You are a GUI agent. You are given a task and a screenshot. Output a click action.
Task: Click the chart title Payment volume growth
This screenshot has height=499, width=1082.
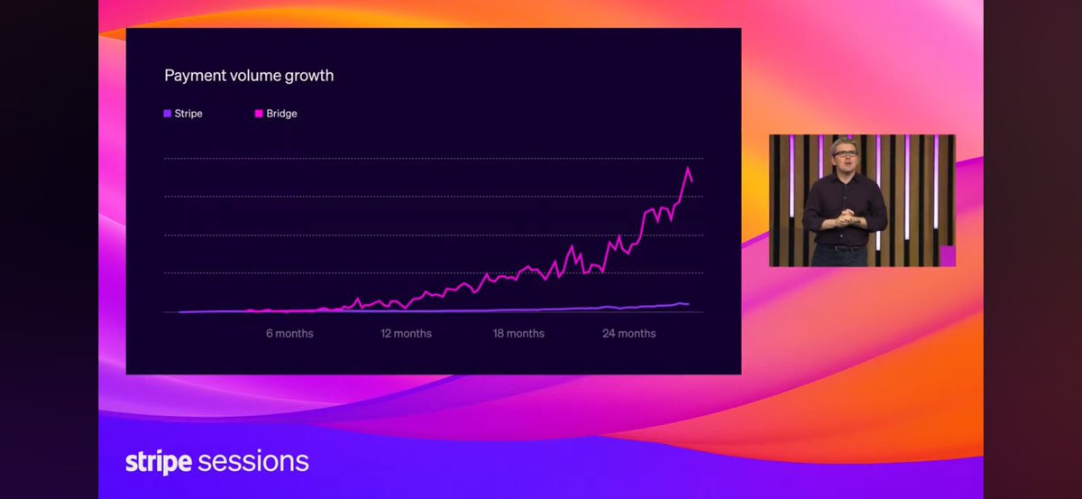(x=249, y=76)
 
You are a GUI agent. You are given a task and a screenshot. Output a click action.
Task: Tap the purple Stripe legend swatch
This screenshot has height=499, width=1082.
(x=167, y=114)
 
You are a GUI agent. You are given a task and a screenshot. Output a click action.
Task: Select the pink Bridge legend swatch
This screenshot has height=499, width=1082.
(x=259, y=114)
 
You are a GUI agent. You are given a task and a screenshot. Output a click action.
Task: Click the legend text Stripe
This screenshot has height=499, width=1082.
(x=188, y=114)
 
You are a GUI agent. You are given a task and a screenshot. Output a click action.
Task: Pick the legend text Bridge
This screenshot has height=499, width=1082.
(x=281, y=114)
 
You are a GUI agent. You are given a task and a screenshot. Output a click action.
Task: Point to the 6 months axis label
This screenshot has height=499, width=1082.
(x=289, y=333)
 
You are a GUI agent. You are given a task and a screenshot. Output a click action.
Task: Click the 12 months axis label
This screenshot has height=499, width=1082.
(x=407, y=333)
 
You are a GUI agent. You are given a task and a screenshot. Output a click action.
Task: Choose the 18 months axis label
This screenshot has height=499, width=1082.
(x=518, y=333)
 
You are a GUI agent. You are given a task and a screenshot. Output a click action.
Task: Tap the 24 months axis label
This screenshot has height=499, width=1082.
(x=629, y=333)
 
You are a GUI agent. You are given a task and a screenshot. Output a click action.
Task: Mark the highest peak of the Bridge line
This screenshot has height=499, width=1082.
(x=688, y=168)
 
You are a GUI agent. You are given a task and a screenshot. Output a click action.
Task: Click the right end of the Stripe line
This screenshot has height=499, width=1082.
(x=689, y=304)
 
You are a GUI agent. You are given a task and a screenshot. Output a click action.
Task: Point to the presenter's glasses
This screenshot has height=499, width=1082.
(x=845, y=153)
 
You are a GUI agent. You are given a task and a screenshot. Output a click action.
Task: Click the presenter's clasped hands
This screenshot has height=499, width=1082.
(x=846, y=217)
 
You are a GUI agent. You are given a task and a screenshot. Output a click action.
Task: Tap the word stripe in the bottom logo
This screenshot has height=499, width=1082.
(x=159, y=462)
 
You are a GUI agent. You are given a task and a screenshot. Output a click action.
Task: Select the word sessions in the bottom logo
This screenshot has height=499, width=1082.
(x=253, y=462)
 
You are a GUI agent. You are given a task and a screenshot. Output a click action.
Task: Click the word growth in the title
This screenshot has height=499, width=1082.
(x=309, y=77)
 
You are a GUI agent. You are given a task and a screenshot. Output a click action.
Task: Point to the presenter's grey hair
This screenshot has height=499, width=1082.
(x=844, y=144)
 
